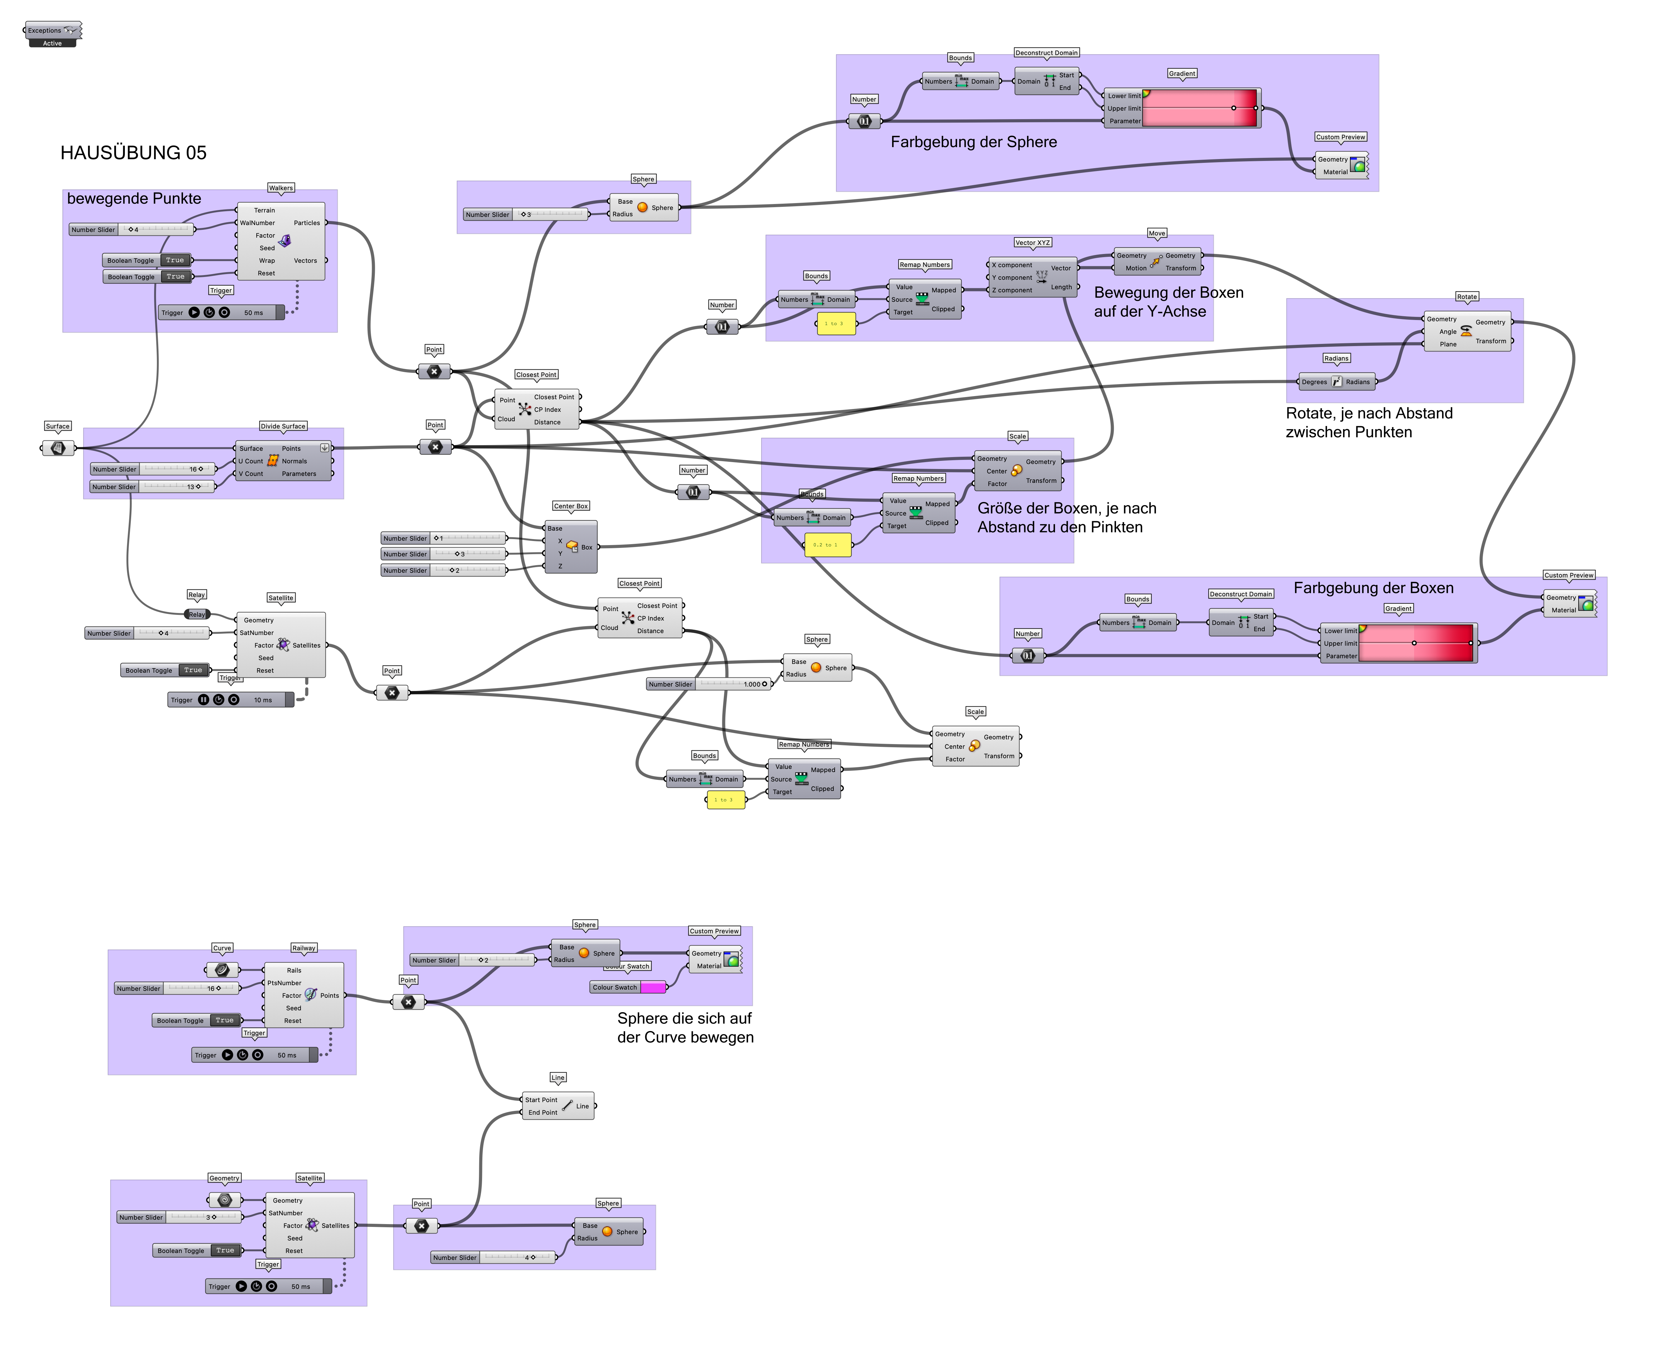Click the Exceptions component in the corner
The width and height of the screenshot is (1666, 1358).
pyautogui.click(x=53, y=30)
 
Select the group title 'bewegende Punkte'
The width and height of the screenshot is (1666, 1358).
pyautogui.click(x=134, y=199)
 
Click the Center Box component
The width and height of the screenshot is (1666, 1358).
pyautogui.click(x=571, y=547)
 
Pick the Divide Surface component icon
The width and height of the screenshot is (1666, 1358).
pyautogui.click(x=272, y=461)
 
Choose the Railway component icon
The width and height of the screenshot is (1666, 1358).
pyautogui.click(x=311, y=994)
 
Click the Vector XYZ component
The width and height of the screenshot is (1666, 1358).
pyautogui.click(x=1041, y=277)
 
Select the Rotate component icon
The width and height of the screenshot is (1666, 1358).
pyautogui.click(x=1466, y=331)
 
